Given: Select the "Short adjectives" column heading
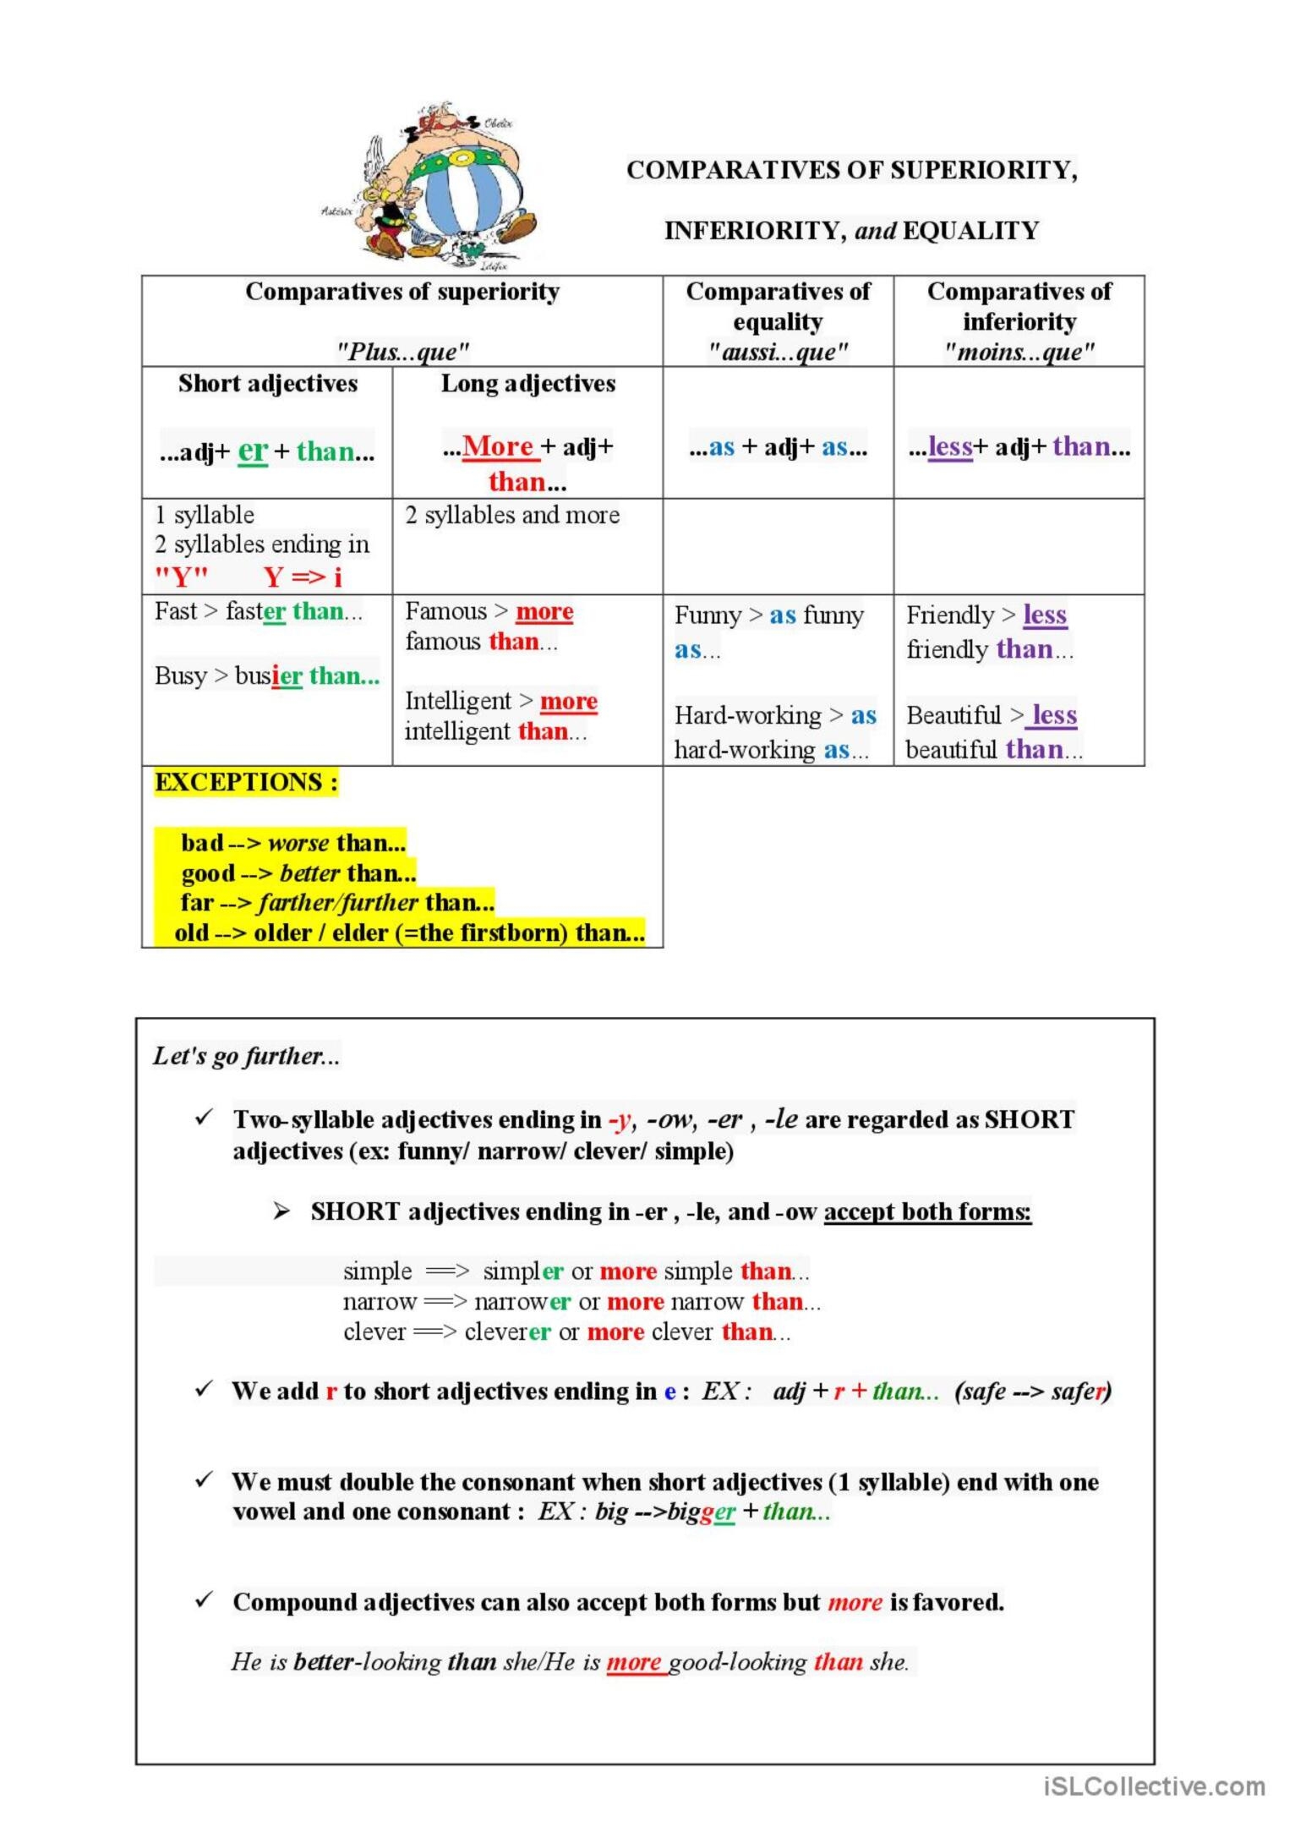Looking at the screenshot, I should (268, 384).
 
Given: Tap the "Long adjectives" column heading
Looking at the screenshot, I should (528, 384).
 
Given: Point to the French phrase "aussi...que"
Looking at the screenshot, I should (778, 352).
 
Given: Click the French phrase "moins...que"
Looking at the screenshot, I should (1019, 352).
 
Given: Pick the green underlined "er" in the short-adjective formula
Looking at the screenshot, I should (253, 450).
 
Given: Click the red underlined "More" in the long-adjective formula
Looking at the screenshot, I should (498, 446).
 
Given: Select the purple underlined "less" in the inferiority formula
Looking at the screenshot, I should (950, 446).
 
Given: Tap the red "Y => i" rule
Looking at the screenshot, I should (303, 577).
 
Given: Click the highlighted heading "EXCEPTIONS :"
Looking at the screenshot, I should (246, 782).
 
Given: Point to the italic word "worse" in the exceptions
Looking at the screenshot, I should (298, 843).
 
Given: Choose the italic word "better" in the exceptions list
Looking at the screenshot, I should (309, 872).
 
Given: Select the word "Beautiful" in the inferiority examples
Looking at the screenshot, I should (953, 715).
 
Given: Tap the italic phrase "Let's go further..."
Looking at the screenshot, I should (246, 1056).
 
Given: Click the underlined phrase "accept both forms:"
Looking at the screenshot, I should (927, 1211).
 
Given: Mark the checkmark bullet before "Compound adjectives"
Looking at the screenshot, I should (204, 1600).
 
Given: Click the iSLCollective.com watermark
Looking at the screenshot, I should (1155, 1786).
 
